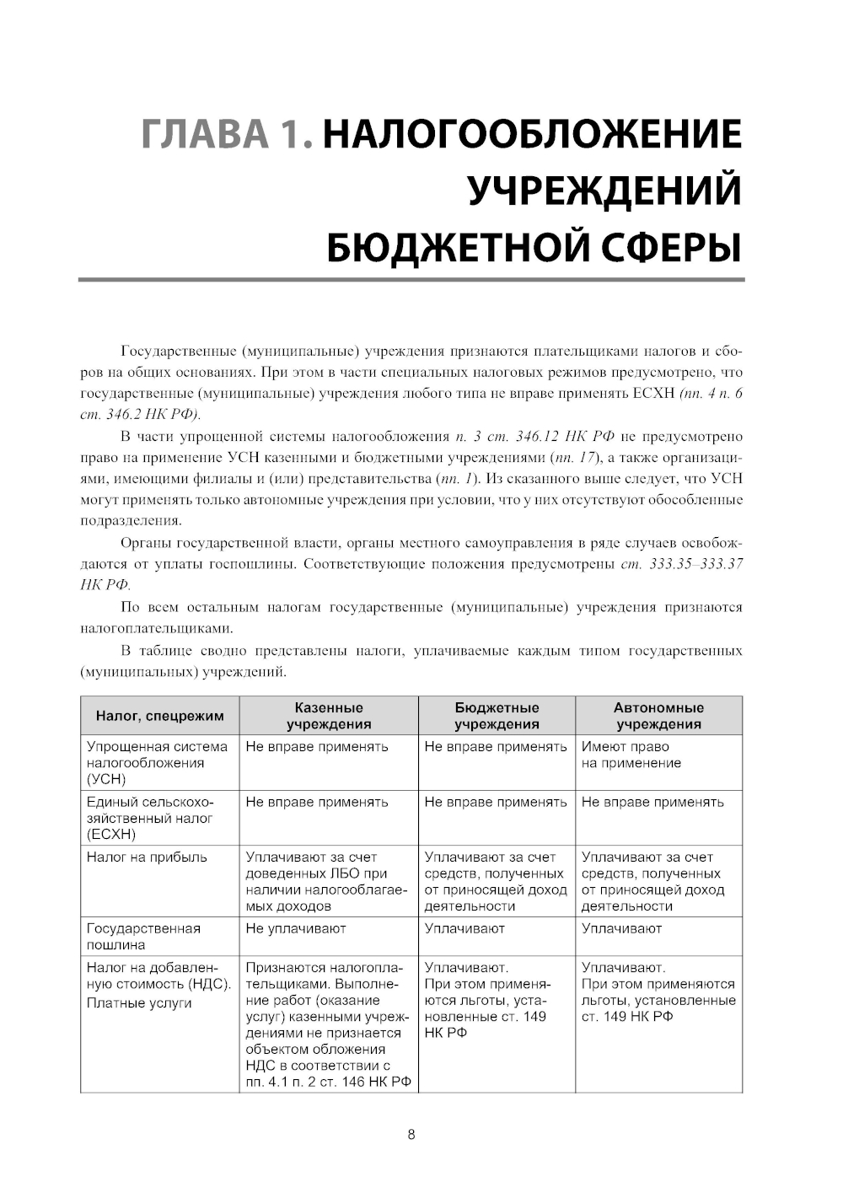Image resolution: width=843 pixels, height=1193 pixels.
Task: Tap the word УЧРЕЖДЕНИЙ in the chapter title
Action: click(604, 191)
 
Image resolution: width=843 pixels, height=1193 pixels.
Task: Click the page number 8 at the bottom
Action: click(411, 1134)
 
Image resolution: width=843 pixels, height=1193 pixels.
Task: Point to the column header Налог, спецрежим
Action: click(160, 716)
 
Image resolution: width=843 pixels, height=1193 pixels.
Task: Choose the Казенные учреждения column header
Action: click(329, 716)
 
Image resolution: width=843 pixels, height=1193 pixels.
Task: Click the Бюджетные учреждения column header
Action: click(497, 716)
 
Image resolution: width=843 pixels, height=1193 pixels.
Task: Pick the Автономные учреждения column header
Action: click(658, 716)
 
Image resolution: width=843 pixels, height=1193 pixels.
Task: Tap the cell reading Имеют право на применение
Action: click(631, 755)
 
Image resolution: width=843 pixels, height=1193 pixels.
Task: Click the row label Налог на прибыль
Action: click(147, 857)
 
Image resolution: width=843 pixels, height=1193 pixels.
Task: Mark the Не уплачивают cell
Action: click(296, 928)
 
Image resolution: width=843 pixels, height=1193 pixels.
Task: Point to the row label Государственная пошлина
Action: click(143, 936)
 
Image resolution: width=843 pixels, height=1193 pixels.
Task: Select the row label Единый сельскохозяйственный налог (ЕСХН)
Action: click(150, 818)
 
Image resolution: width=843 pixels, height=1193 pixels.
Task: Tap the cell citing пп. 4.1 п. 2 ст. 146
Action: click(328, 1024)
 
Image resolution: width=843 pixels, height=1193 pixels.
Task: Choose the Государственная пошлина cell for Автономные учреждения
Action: click(622, 928)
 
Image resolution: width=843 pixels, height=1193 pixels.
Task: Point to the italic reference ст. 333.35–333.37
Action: click(681, 564)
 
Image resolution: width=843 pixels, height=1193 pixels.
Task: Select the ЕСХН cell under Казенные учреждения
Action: click(317, 802)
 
